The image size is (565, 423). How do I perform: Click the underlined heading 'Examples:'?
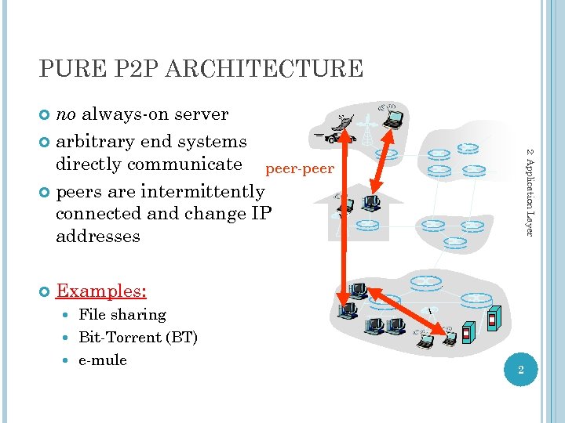[x=101, y=291]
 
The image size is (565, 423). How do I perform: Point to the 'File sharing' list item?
[x=122, y=315]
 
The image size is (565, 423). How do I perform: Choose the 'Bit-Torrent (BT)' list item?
[x=138, y=338]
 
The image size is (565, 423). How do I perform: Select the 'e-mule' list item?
[x=103, y=360]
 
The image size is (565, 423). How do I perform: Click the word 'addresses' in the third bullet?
[x=98, y=237]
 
